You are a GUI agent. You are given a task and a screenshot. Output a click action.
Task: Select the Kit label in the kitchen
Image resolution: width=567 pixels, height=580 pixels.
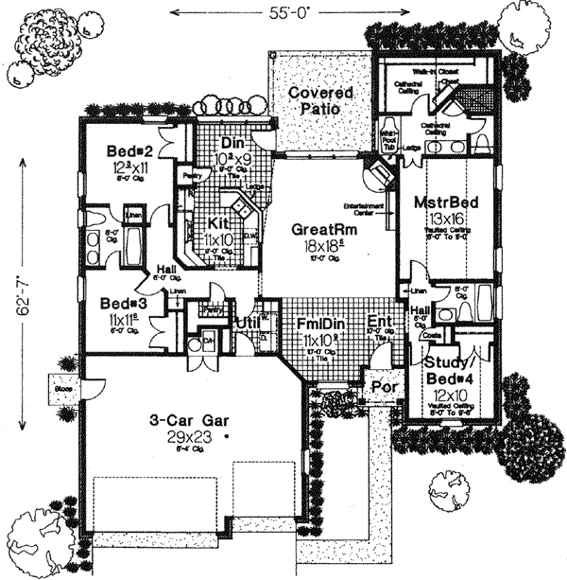[x=218, y=224]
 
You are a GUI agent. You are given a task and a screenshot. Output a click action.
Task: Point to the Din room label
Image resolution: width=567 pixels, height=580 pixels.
[x=233, y=143]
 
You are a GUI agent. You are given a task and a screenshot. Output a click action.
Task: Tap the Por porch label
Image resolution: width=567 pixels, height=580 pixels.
[x=382, y=387]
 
